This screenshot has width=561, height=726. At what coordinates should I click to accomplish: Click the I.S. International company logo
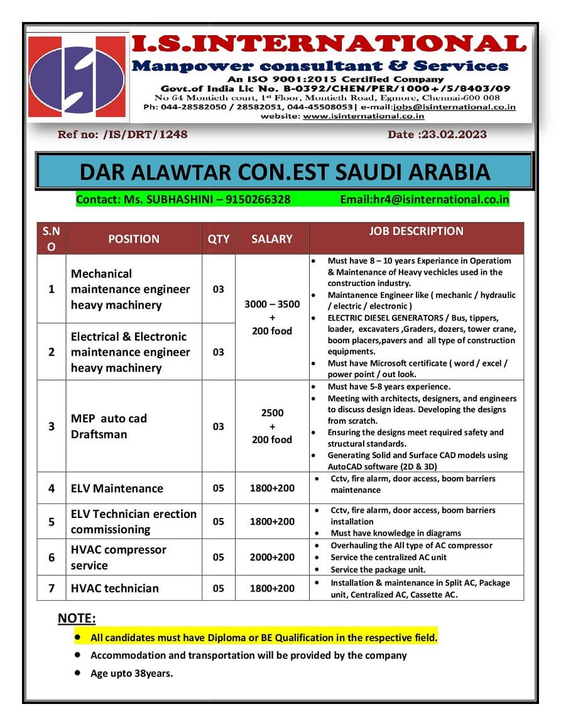pyautogui.click(x=77, y=77)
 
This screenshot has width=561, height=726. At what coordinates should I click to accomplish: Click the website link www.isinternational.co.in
pyautogui.click(x=363, y=116)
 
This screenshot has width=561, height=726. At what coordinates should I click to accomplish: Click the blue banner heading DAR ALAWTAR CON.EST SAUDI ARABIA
pyautogui.click(x=285, y=172)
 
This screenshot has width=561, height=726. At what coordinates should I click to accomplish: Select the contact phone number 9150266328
pyautogui.click(x=258, y=199)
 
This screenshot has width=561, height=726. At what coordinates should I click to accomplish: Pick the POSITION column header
pyautogui.click(x=134, y=239)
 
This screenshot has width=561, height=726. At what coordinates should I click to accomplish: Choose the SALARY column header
pyautogui.click(x=272, y=239)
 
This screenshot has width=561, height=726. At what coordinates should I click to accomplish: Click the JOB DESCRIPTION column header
pyautogui.click(x=416, y=231)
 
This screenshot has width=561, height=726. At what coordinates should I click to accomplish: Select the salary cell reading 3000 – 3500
pyautogui.click(x=272, y=304)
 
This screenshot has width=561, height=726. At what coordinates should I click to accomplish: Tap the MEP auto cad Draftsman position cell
pyautogui.click(x=109, y=426)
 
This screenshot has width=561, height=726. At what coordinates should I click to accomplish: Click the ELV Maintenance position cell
pyautogui.click(x=117, y=488)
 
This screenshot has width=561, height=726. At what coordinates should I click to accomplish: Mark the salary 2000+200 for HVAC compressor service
pyautogui.click(x=272, y=558)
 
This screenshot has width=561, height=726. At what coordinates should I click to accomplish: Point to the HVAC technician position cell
pyautogui.click(x=115, y=588)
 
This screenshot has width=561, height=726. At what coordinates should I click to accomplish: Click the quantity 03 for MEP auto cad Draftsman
pyautogui.click(x=218, y=426)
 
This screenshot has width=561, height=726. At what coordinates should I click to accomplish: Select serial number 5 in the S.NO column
pyautogui.click(x=52, y=522)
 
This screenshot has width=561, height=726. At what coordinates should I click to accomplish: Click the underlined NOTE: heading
pyautogui.click(x=77, y=619)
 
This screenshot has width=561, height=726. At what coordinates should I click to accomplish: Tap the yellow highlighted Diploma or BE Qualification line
pyautogui.click(x=264, y=637)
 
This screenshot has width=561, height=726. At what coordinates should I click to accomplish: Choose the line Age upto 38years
pyautogui.click(x=131, y=673)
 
